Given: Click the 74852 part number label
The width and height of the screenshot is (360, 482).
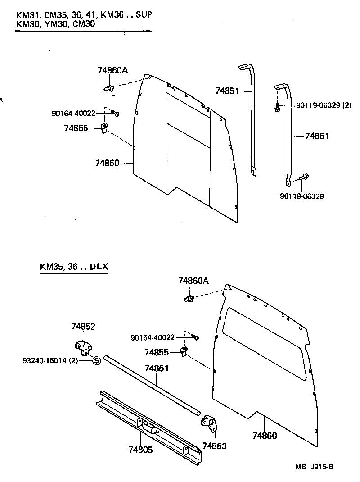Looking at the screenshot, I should [83, 327].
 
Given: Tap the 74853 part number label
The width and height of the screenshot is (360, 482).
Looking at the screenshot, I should [214, 446].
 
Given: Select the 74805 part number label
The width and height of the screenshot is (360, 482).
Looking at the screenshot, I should [140, 450].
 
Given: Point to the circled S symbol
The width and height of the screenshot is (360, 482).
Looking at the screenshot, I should [96, 360].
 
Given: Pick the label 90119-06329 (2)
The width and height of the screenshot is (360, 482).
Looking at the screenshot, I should [323, 105].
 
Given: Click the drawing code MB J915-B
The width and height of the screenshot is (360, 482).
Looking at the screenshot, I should [315, 467].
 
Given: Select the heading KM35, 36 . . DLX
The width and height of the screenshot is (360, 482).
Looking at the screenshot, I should [74, 266].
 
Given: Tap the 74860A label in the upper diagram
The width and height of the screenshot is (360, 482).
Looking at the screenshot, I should [112, 70].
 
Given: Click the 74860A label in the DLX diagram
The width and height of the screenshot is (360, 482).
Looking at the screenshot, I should [193, 281].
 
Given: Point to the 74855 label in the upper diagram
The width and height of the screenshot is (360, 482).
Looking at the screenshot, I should [76, 128].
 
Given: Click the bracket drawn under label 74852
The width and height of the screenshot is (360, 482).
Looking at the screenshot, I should [82, 347].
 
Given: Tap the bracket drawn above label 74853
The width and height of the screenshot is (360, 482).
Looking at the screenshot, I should [209, 424].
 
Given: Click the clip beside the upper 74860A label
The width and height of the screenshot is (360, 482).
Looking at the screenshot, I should [108, 88].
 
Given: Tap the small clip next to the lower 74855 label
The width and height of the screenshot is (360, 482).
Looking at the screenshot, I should [184, 351].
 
